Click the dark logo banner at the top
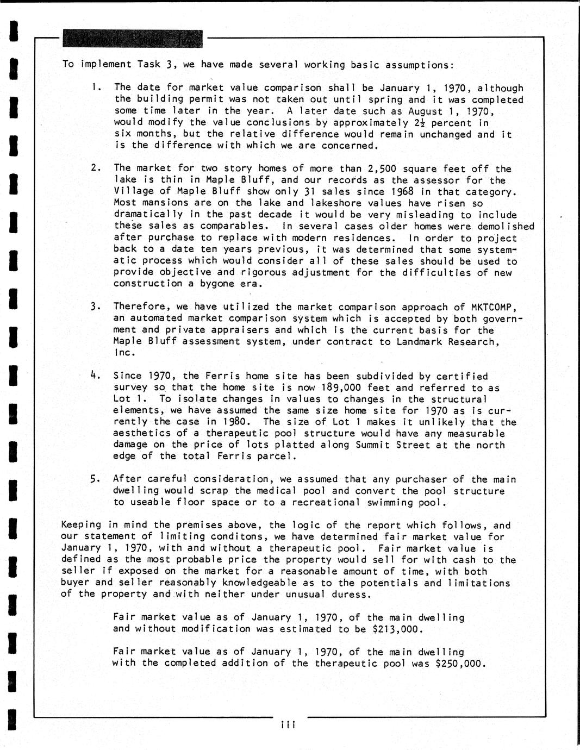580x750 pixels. point(132,39)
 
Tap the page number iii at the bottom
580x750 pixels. point(288,725)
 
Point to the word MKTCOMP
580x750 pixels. point(494,307)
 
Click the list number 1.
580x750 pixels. point(96,87)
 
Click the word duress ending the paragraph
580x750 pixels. point(353,594)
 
